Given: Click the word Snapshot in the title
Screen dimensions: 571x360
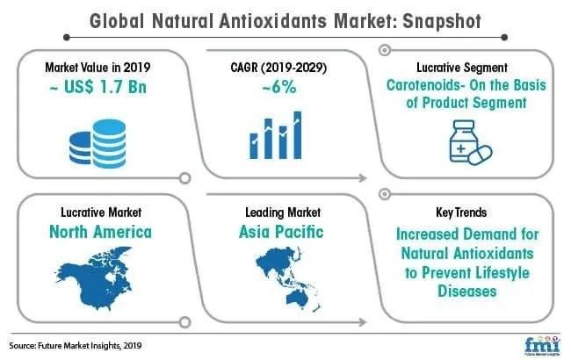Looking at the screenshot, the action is click(442, 21).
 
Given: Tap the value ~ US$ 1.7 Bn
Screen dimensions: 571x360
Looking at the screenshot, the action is click(98, 87).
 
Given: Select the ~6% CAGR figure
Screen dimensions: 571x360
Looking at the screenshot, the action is click(279, 87).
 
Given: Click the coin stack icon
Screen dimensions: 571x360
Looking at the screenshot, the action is click(98, 143).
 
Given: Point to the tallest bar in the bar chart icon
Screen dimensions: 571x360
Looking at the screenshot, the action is click(298, 135).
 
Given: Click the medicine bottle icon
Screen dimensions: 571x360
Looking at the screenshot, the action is click(463, 140).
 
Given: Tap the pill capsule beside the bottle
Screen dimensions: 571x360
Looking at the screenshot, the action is click(481, 155).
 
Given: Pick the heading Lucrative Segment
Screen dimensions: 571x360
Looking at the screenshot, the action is click(462, 68).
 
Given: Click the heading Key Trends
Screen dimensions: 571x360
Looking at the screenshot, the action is click(461, 212).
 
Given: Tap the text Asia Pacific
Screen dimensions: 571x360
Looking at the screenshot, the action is click(281, 232).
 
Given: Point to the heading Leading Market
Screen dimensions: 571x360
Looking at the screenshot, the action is click(283, 212).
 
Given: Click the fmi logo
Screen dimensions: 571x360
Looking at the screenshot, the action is click(542, 345).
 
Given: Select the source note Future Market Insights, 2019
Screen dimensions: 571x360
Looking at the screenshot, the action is click(90, 345).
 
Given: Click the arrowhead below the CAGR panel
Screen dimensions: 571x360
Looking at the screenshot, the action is click(362, 178).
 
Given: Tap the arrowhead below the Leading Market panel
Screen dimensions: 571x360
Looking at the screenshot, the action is click(362, 321).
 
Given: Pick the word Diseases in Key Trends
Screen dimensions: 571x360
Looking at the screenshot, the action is click(467, 292).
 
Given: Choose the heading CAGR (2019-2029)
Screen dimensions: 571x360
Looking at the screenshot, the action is click(278, 68).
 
